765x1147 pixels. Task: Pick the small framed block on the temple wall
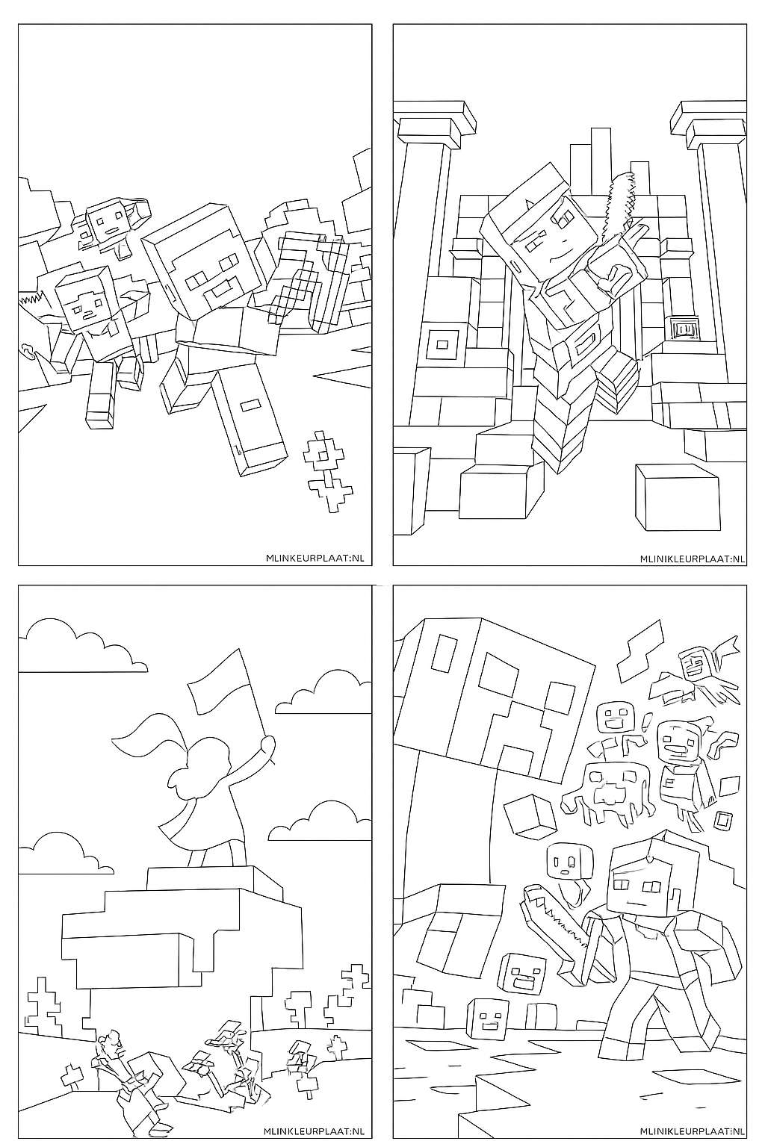683,329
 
